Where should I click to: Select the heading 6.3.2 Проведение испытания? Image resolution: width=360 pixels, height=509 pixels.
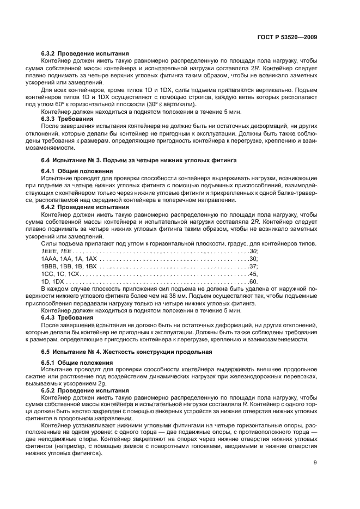click(85, 53)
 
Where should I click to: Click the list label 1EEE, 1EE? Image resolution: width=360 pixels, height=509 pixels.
click(57, 251)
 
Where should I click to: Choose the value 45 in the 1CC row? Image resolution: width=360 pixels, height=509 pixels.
click(252, 274)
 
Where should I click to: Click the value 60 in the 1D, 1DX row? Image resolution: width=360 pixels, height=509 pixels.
click(252, 282)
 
